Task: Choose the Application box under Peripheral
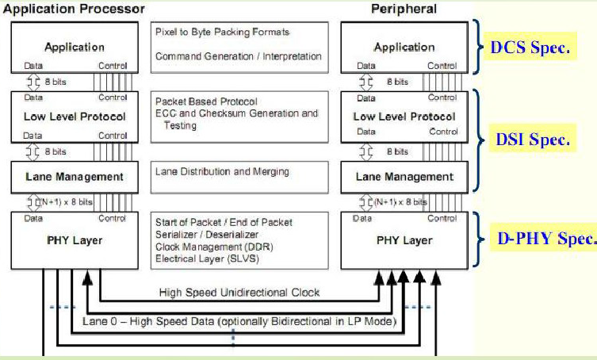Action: point(404,48)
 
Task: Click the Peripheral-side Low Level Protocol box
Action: point(404,117)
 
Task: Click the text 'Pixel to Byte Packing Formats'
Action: point(223,32)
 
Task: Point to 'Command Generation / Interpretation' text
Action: point(238,57)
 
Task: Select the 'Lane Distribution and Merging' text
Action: point(223,171)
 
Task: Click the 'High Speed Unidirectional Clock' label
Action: point(239,293)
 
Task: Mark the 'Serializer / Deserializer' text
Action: point(208,234)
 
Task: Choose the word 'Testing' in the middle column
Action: point(181,125)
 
